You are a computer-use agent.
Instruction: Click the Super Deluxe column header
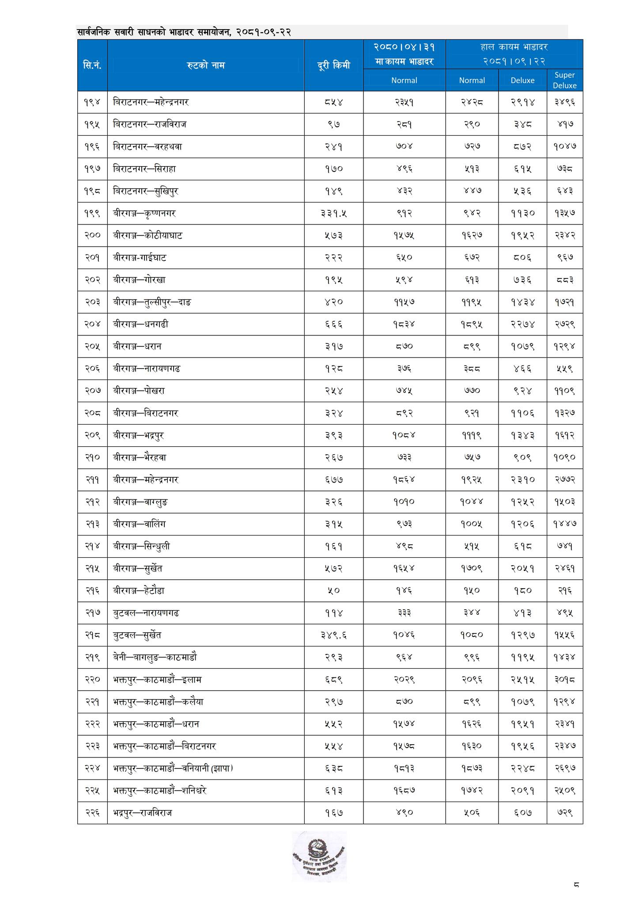tap(564, 80)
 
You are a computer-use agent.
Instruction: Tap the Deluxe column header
tap(522, 80)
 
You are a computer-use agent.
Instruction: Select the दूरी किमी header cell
tap(333, 65)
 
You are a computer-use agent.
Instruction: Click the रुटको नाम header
tap(205, 65)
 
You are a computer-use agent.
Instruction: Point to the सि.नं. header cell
tap(92, 65)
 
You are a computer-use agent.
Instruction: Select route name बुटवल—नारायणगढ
tap(146, 613)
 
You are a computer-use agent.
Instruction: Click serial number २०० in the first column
tap(92, 236)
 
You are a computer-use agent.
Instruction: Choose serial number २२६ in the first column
tap(92, 813)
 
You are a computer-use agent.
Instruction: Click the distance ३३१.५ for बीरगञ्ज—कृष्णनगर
tap(333, 213)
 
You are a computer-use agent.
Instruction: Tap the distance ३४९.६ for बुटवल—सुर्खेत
tap(333, 635)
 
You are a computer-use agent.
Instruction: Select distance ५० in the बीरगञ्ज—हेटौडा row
tap(333, 591)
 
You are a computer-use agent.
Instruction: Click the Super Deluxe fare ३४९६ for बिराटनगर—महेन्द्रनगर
tap(564, 103)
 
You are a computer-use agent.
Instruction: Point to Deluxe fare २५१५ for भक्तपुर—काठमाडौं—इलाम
tap(522, 680)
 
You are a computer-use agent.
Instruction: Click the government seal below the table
tap(319, 855)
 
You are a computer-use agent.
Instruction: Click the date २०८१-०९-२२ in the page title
tap(263, 32)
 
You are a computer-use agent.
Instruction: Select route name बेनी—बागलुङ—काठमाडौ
tap(155, 657)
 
